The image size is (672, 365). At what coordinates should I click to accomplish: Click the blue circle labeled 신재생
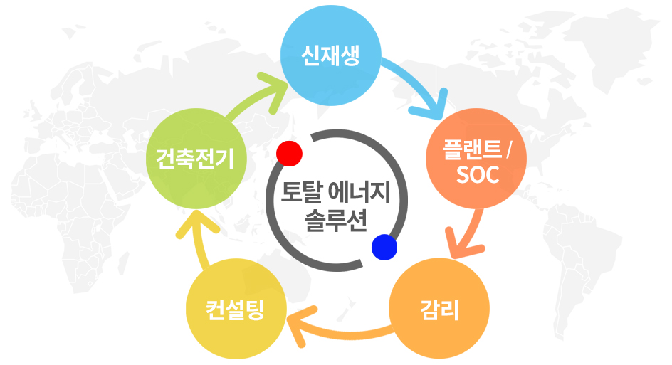pyautogui.click(x=331, y=55)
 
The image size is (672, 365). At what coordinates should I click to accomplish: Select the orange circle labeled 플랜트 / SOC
pyautogui.click(x=476, y=159)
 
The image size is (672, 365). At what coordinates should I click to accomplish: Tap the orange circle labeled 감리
pyautogui.click(x=439, y=309)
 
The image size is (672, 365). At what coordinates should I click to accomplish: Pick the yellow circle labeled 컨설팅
pyautogui.click(x=236, y=309)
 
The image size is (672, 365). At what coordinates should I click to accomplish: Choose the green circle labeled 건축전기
pyautogui.click(x=196, y=159)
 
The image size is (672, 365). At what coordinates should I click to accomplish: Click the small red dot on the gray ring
pyautogui.click(x=289, y=154)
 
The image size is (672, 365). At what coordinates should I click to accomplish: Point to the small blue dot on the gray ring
pyautogui.click(x=384, y=247)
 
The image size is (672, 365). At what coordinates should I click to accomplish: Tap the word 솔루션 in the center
pyautogui.click(x=336, y=221)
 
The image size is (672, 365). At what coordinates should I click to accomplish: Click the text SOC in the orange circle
pyautogui.click(x=478, y=174)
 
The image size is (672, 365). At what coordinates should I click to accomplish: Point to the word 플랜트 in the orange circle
pyautogui.click(x=472, y=149)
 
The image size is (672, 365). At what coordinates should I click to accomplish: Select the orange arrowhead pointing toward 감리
pyautogui.click(x=463, y=243)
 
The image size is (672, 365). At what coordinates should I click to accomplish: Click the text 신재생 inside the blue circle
pyautogui.click(x=330, y=55)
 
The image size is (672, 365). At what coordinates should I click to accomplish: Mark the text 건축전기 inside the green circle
pyautogui.click(x=195, y=159)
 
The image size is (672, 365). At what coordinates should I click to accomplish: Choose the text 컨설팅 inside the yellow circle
pyautogui.click(x=236, y=310)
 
